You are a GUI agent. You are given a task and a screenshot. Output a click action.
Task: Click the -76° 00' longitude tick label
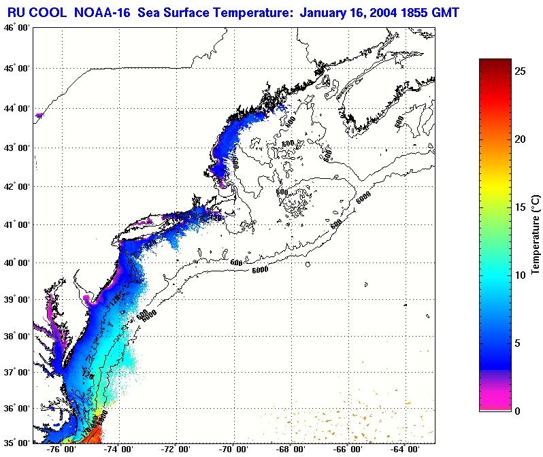point(62,450)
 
